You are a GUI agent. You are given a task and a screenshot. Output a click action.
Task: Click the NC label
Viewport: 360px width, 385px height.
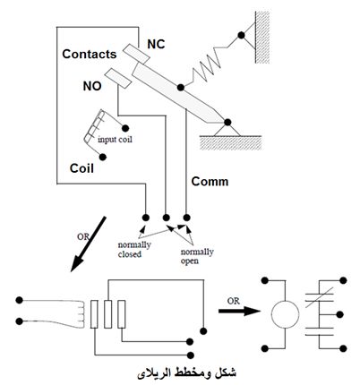(156, 44)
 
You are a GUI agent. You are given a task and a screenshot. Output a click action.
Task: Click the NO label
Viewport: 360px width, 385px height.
(92, 86)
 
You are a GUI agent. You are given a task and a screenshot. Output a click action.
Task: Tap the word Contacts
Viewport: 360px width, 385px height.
(90, 54)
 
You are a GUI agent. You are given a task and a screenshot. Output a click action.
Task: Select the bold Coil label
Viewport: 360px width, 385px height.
(81, 168)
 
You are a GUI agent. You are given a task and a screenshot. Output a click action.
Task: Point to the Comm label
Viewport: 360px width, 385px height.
(210, 182)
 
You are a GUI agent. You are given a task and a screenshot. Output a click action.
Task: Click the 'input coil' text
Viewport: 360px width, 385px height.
(115, 140)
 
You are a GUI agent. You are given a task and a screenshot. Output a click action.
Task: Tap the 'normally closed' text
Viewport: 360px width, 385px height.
(134, 250)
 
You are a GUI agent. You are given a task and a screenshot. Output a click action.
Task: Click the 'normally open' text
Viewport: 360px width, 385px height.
(197, 256)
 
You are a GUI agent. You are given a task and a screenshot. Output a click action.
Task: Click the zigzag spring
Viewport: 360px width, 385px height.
(208, 66)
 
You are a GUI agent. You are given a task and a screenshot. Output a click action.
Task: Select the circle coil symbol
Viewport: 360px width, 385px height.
(285, 314)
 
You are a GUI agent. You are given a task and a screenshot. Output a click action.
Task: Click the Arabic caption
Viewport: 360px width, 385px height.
(186, 373)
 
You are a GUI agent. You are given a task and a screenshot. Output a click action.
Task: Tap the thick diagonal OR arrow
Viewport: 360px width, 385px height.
(88, 244)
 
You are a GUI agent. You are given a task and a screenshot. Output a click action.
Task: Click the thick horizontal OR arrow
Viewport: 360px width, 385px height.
(239, 311)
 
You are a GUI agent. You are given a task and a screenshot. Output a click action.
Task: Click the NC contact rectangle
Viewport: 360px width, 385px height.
(136, 55)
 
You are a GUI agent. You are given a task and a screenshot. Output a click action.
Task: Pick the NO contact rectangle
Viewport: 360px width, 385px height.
(118, 78)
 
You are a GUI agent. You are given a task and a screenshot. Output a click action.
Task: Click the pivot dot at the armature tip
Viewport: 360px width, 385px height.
(227, 122)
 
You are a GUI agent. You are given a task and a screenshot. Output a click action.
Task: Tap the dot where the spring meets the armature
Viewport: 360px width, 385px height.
(180, 88)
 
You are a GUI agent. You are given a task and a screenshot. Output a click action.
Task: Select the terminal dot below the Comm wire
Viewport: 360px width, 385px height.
(186, 218)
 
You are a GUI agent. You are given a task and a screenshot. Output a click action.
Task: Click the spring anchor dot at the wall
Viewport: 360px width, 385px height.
(241, 36)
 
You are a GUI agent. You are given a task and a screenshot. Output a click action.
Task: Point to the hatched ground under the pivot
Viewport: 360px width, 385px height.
(230, 142)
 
